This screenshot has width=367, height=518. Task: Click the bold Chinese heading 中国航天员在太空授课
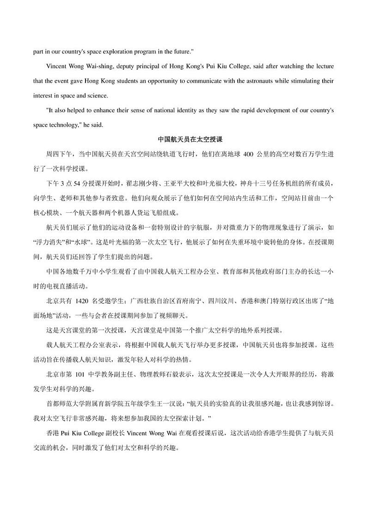click(x=183, y=139)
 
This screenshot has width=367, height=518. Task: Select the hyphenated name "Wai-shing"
click(x=104, y=66)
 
